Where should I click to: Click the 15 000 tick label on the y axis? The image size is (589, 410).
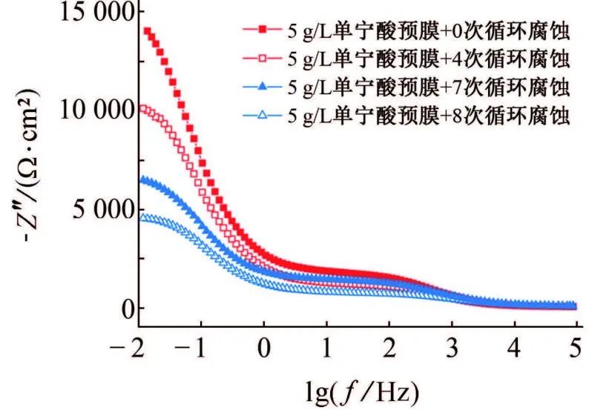click(83, 13)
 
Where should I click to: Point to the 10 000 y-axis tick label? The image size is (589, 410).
click(83, 110)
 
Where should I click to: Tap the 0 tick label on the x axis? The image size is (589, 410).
click(264, 348)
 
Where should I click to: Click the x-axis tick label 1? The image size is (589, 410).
click(326, 348)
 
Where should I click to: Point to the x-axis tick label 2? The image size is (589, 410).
click(389, 348)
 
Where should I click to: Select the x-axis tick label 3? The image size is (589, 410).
click(453, 348)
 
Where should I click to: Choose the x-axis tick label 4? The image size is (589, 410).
click(515, 348)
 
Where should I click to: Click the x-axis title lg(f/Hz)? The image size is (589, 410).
click(355, 388)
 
